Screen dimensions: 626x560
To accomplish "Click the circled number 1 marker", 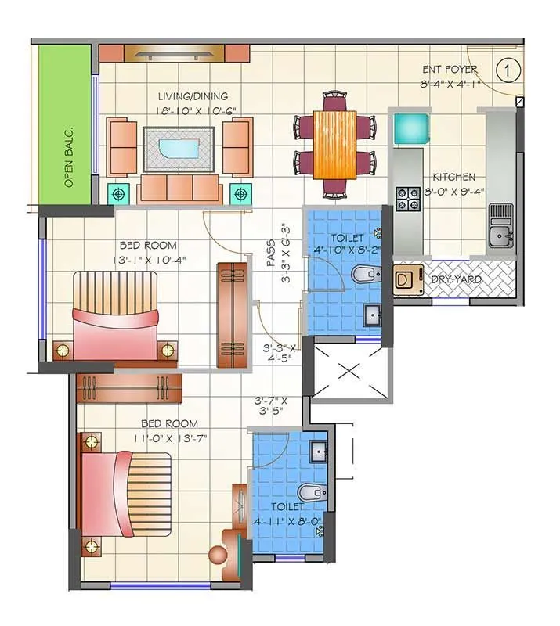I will pyautogui.click(x=509, y=70).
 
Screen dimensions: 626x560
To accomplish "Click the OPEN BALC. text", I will pyautogui.click(x=69, y=156).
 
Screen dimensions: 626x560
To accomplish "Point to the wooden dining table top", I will pyautogui.click(x=332, y=143).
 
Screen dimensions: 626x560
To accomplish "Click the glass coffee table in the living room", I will pyautogui.click(x=179, y=147).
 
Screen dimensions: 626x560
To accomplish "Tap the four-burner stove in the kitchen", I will pyautogui.click(x=408, y=198).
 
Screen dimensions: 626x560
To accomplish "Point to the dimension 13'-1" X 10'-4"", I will pyautogui.click(x=150, y=260).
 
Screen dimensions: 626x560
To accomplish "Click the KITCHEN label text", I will pyautogui.click(x=453, y=178).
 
